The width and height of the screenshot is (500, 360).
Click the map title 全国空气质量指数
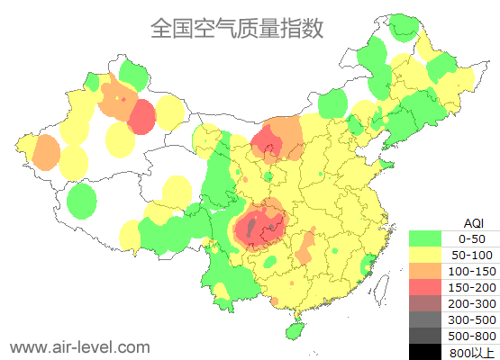(x=236, y=29)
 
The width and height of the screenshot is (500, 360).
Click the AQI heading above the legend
(x=473, y=222)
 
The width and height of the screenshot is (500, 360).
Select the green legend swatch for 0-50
(x=425, y=238)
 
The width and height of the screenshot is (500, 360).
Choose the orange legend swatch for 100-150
(x=425, y=271)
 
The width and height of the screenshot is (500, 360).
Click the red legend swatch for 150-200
(x=425, y=287)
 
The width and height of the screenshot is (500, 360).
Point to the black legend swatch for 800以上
(x=425, y=352)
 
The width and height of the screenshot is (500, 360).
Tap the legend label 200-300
(x=471, y=303)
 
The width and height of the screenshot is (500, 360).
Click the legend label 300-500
(x=471, y=319)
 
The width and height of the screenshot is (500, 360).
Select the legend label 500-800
(x=471, y=336)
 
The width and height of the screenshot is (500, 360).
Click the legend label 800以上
(x=471, y=352)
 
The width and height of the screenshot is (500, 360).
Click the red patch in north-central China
(x=266, y=141)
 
